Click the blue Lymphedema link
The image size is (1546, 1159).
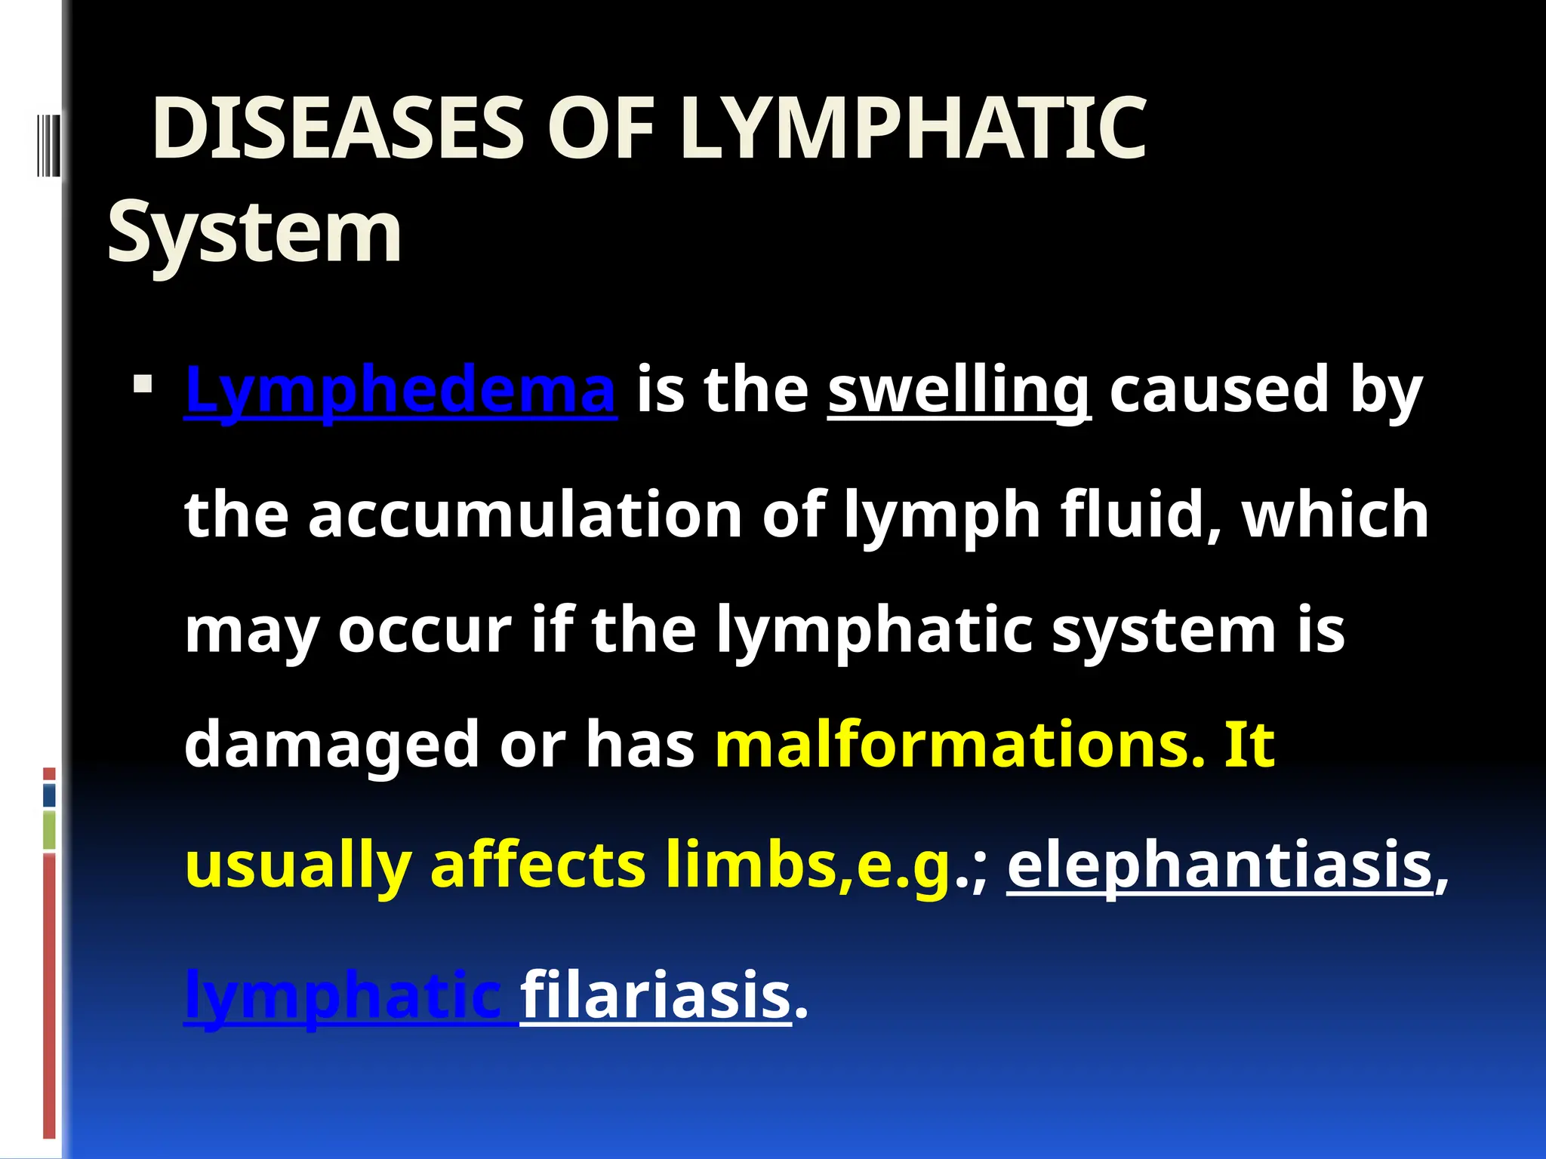coord(400,389)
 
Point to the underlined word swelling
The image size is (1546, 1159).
coord(959,389)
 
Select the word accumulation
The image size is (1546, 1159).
coord(525,515)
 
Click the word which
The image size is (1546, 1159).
coord(1335,515)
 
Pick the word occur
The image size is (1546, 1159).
coord(425,630)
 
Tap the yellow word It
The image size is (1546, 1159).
coord(1249,744)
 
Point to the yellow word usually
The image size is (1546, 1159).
coord(298,866)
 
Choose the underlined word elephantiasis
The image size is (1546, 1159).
coord(1220,866)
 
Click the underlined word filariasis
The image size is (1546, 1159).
coord(655,996)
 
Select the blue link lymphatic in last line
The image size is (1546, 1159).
coord(343,996)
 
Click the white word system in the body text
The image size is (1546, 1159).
coord(1163,630)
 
